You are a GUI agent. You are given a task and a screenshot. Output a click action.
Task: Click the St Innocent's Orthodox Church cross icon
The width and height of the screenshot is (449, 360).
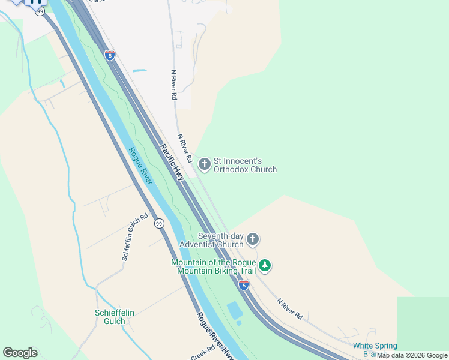click(x=205, y=164)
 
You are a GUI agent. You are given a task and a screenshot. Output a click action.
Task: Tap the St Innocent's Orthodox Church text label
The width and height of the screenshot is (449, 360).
click(x=246, y=165)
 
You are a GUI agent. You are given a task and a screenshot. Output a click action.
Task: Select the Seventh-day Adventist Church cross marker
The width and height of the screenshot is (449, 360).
click(x=253, y=239)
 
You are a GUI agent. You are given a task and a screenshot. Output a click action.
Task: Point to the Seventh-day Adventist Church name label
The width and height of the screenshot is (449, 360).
click(x=220, y=240)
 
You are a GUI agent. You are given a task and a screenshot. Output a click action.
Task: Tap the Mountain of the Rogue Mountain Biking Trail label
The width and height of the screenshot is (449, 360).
click(x=214, y=266)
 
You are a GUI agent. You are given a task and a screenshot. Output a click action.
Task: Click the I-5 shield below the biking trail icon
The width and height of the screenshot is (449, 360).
click(x=243, y=285)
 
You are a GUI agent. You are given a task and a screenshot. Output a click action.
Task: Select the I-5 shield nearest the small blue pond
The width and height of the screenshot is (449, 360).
click(x=110, y=55)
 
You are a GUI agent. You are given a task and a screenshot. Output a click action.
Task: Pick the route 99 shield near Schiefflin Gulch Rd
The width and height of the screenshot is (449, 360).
click(x=158, y=223)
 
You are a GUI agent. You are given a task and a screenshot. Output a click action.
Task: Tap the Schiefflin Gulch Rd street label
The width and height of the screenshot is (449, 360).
click(x=134, y=237)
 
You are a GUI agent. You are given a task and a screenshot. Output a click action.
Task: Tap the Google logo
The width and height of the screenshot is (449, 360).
click(x=20, y=353)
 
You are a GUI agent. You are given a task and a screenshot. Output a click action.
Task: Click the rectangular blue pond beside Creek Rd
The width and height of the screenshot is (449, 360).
click(x=235, y=311)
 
